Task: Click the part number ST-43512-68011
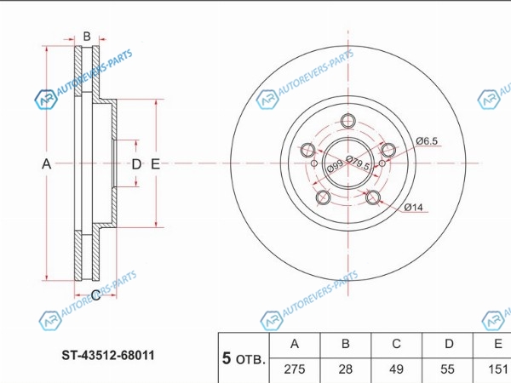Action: [x=106, y=356]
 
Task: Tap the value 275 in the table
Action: [x=295, y=370]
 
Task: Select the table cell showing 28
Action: [x=346, y=370]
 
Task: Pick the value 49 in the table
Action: [x=396, y=370]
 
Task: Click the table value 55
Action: [x=448, y=370]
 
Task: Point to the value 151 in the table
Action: [x=497, y=370]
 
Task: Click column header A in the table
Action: [x=295, y=344]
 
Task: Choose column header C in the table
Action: [x=396, y=344]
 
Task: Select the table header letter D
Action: [x=448, y=344]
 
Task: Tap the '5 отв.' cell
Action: [x=244, y=358]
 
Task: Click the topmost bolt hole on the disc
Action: [x=347, y=121]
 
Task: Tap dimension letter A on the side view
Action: [x=48, y=163]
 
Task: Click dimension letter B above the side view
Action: [x=86, y=36]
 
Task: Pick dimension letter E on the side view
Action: [x=155, y=163]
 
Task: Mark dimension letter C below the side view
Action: [x=95, y=294]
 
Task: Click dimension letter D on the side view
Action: [x=135, y=163]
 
